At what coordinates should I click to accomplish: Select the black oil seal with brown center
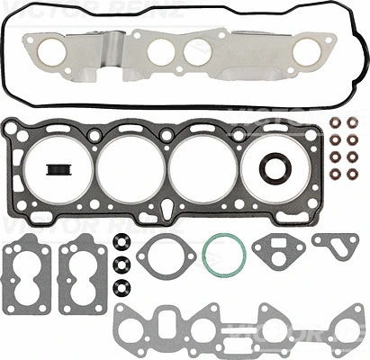point(274,168)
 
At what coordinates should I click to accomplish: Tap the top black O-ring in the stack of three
point(120,245)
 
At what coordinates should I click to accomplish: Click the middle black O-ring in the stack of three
point(120,262)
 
